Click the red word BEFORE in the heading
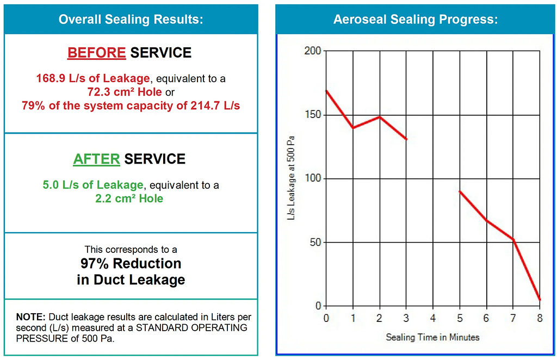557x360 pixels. pos(97,53)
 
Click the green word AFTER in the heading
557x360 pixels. pos(96,159)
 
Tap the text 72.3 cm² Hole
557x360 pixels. pos(125,92)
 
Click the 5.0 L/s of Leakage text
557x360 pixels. pos(93,185)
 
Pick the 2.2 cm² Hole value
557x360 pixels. pos(129,198)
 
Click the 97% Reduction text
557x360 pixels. pos(131,264)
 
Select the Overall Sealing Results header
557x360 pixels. pos(131,20)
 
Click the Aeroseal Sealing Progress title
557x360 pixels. pos(416,20)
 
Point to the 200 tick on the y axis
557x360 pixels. pos(312,51)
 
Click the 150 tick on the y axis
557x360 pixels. pos(312,115)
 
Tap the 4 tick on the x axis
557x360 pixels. pos(434,317)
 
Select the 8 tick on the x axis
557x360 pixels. pos(540,317)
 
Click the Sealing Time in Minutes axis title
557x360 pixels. pos(433,337)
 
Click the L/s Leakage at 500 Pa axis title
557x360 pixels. pos(292,178)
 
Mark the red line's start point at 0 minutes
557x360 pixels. pos(326,91)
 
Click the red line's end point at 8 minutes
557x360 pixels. pos(540,300)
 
